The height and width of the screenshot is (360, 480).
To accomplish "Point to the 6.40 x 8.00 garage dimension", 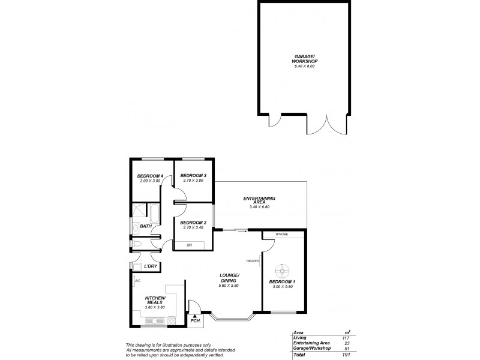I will pyautogui.click(x=304, y=65).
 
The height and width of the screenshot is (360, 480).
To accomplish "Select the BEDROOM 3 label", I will pyautogui.click(x=193, y=175).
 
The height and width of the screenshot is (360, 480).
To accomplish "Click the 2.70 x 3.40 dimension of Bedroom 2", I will pyautogui.click(x=193, y=228).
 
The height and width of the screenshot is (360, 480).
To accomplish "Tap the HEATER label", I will pyautogui.click(x=253, y=261).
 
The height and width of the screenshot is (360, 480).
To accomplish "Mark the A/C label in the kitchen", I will pyautogui.click(x=137, y=280).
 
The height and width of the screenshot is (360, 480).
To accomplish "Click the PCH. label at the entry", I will pyautogui.click(x=195, y=322).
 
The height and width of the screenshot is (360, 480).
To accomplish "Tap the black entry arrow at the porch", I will pyautogui.click(x=195, y=314).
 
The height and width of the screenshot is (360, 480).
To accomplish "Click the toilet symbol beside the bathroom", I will pyautogui.click(x=137, y=244).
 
